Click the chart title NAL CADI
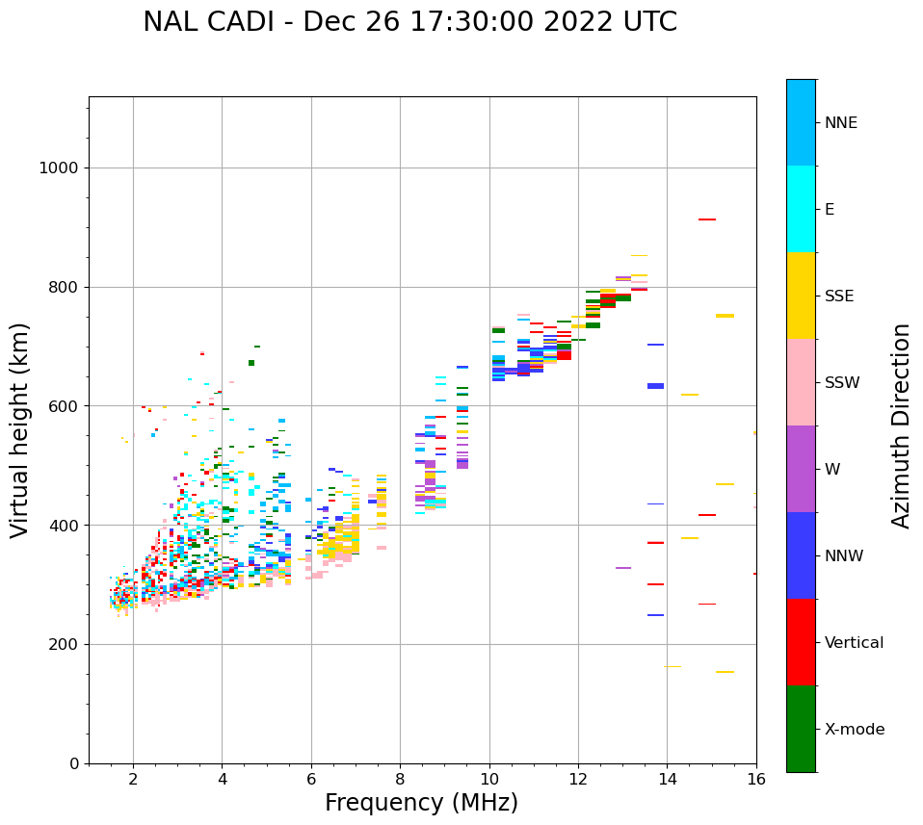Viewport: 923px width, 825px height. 409,22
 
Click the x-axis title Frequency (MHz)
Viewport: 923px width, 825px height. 421,803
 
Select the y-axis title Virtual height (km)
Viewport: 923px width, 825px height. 20,429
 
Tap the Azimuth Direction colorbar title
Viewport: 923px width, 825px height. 901,425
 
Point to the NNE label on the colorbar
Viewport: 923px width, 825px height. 840,123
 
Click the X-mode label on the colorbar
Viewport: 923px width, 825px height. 854,730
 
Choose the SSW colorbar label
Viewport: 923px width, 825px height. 841,383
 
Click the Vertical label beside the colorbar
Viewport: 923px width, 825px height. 854,643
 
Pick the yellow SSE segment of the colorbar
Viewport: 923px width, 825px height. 801,295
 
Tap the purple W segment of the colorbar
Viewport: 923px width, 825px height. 801,468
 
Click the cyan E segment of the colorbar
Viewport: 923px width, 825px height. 801,208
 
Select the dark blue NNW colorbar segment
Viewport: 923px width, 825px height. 801,554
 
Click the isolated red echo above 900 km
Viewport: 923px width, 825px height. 707,219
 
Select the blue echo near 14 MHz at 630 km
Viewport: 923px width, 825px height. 655,386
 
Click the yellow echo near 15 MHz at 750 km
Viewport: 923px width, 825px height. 725,316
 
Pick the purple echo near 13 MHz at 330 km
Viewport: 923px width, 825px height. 623,568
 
